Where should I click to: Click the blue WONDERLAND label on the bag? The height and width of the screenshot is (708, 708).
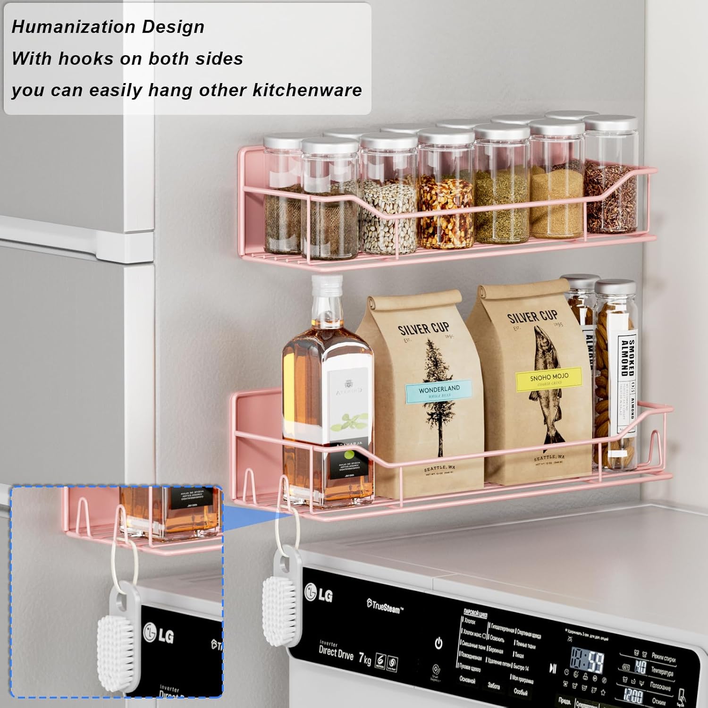point(439,391)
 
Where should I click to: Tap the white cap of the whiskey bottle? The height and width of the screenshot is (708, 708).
point(327,283)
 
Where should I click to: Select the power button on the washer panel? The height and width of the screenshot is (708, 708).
point(438,643)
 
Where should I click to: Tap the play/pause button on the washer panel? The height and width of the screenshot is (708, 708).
point(553,668)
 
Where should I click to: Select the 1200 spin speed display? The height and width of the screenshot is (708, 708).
point(632,694)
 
